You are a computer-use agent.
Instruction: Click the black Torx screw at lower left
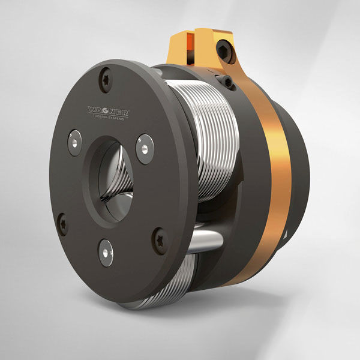62,224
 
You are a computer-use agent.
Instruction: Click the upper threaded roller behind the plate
198,132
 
